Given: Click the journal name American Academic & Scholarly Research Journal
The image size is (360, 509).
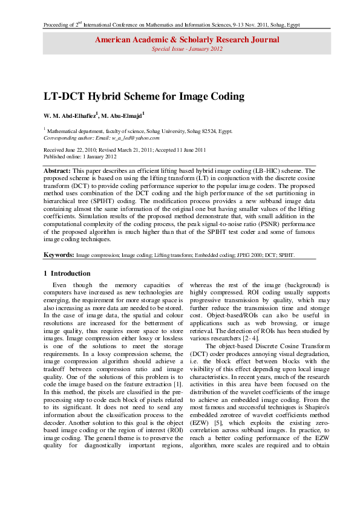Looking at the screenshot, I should [186, 40].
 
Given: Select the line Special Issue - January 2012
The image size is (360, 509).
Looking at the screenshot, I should [186, 48].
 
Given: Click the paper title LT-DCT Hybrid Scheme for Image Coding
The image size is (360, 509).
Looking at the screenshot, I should [143, 96].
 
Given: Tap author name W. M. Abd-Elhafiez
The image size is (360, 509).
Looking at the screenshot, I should [70, 115].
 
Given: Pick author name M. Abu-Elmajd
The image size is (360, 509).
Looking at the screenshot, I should [123, 115].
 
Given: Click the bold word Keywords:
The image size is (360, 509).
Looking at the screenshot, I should [59, 255].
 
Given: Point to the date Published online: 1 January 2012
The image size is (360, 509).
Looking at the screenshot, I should [80, 156].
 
